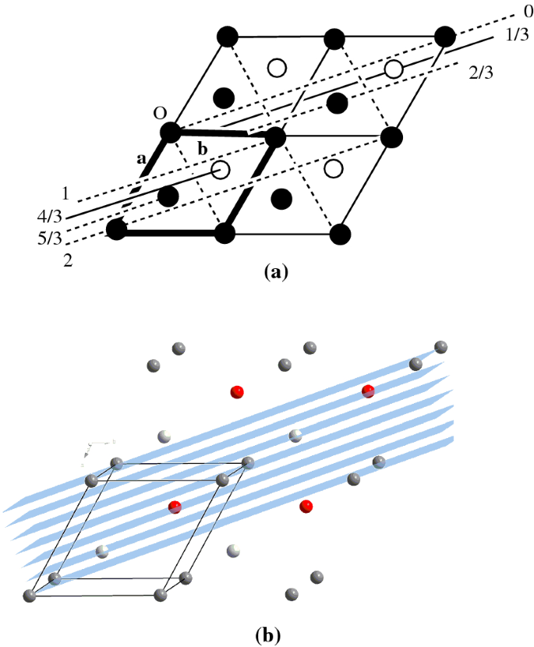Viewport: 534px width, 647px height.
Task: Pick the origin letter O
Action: (161, 113)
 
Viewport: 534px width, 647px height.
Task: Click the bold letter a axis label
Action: (141, 158)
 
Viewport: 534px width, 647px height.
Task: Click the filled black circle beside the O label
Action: (170, 133)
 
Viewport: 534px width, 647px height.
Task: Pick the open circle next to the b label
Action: (221, 169)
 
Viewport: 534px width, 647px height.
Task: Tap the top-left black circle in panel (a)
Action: (226, 36)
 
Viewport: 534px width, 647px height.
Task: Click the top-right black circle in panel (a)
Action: (444, 36)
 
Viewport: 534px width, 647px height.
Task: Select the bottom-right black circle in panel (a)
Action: (339, 233)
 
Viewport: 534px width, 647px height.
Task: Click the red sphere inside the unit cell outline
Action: (175, 507)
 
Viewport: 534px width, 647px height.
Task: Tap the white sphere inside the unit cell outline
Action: (101, 552)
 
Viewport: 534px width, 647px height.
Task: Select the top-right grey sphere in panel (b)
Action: (440, 347)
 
